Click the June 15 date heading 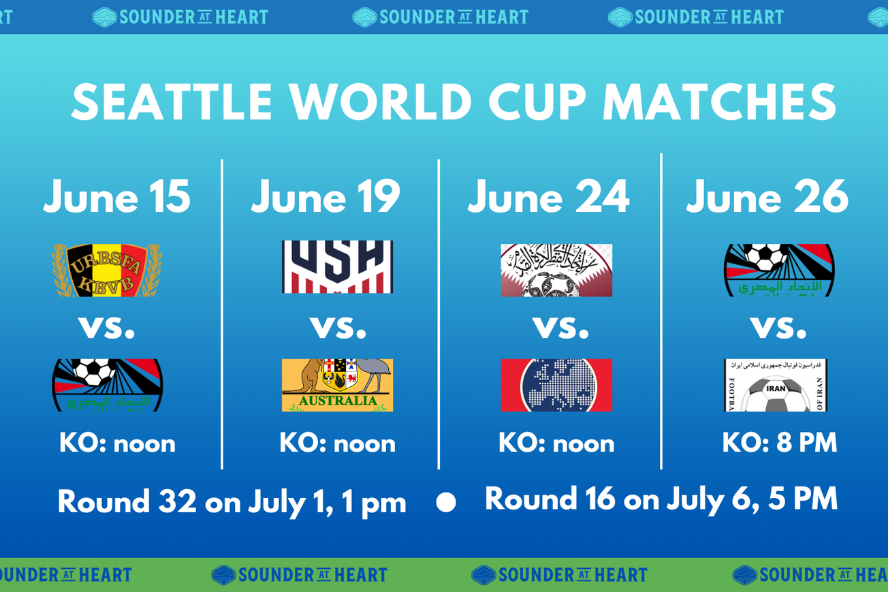click(x=116, y=197)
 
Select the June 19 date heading click(x=326, y=197)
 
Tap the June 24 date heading click(x=548, y=197)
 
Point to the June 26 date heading click(x=767, y=197)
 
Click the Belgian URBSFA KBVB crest click(x=107, y=270)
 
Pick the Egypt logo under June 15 click(x=107, y=385)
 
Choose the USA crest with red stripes click(x=337, y=267)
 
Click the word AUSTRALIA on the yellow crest click(x=337, y=401)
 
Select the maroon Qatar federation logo click(x=556, y=270)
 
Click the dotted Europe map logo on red click(x=556, y=385)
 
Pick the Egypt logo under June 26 click(x=778, y=270)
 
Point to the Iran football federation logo click(x=775, y=385)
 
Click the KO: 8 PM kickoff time click(x=779, y=443)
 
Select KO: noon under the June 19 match click(x=337, y=443)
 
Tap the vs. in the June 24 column click(x=560, y=328)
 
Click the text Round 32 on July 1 click(x=232, y=503)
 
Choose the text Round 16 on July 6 click(x=661, y=499)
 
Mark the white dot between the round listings click(x=446, y=503)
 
